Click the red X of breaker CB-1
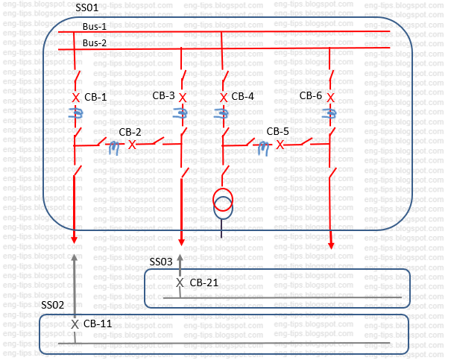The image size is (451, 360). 75,98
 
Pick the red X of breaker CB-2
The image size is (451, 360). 132,145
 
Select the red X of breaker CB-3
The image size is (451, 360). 183,98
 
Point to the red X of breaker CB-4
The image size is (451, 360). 223,98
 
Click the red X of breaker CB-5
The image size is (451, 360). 280,145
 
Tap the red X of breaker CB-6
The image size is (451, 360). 330,98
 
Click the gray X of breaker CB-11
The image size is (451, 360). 75,325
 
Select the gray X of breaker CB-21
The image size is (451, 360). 179,282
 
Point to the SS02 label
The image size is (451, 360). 52,306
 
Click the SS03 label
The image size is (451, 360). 161,262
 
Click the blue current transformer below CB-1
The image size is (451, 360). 75,114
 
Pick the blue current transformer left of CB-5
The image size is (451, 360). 264,148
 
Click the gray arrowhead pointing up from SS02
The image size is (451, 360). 75,257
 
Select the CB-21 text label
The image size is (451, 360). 204,282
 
